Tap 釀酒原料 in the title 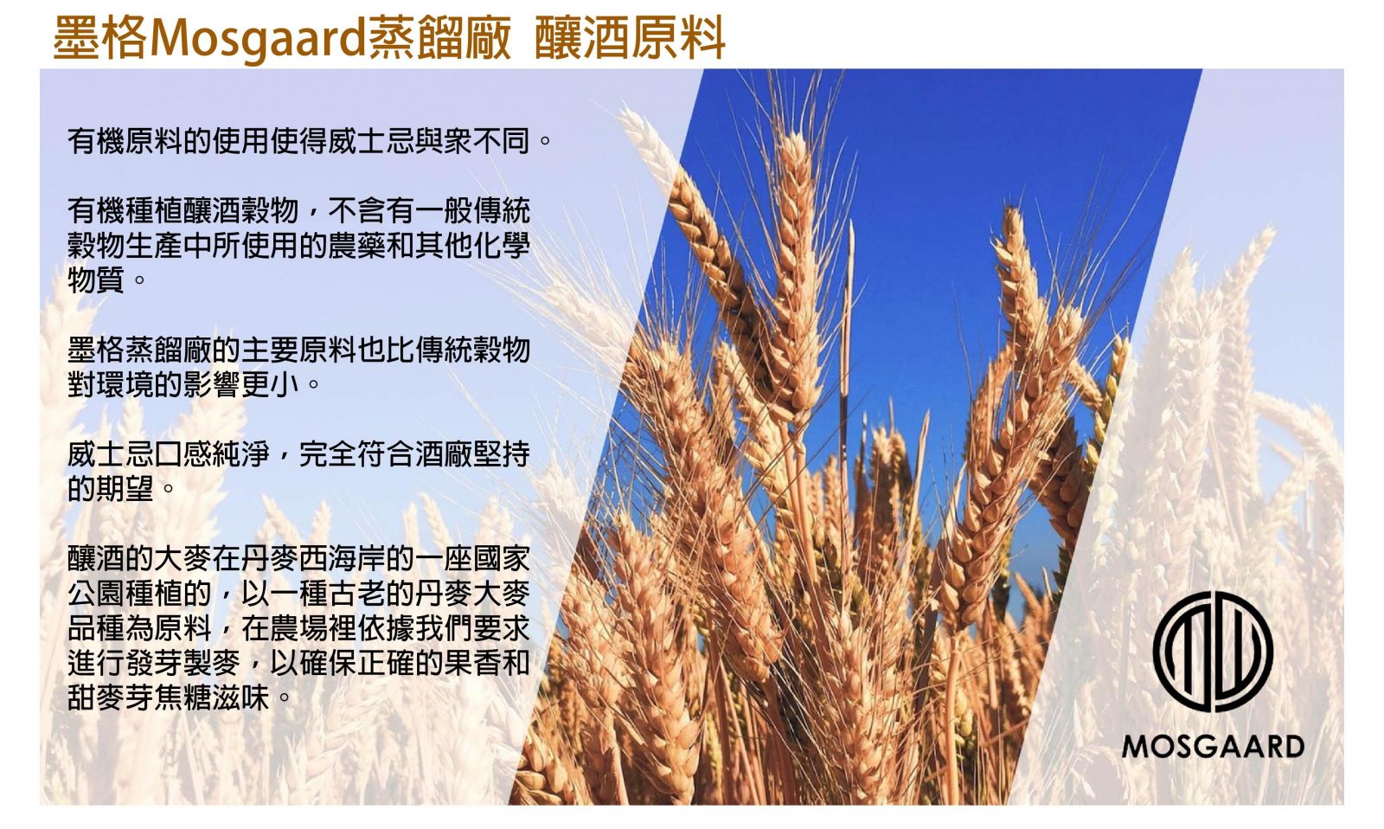pos(630,38)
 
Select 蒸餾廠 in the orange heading pos(440,38)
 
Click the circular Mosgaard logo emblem pos(1213,652)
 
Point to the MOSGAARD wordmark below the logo pos(1213,746)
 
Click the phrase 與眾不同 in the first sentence pos(472,141)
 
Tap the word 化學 pos(502,246)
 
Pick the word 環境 pos(125,385)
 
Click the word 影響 pos(212,385)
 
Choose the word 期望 pos(125,489)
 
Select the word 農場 pos(299,629)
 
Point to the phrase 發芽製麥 pos(183,664)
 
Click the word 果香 pos(472,664)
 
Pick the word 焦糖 pos(183,698)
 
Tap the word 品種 pos(96,629)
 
